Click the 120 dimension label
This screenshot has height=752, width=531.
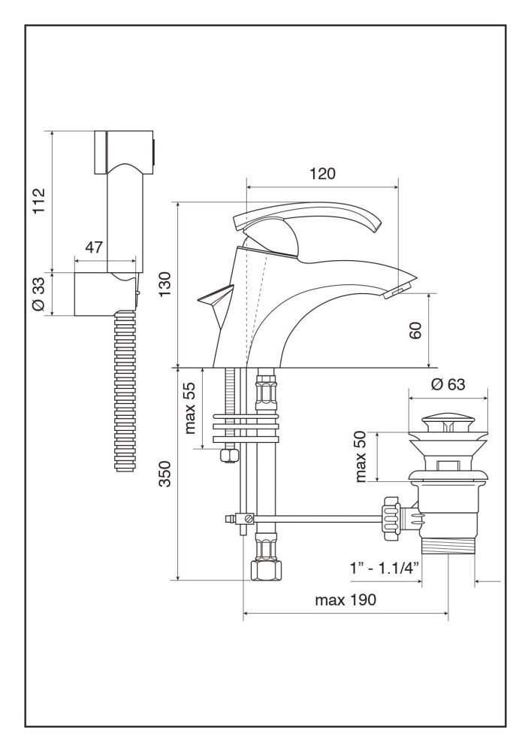click(322, 174)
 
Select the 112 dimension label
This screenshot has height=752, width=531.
click(41, 201)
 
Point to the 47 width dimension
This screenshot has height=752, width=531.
click(94, 247)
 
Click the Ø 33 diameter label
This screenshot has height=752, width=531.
click(41, 294)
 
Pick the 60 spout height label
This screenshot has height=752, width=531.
click(416, 330)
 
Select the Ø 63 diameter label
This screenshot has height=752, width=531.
click(448, 383)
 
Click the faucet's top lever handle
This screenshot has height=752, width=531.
click(315, 223)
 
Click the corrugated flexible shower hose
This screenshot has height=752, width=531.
click(125, 391)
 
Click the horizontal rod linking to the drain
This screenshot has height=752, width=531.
click(315, 517)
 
